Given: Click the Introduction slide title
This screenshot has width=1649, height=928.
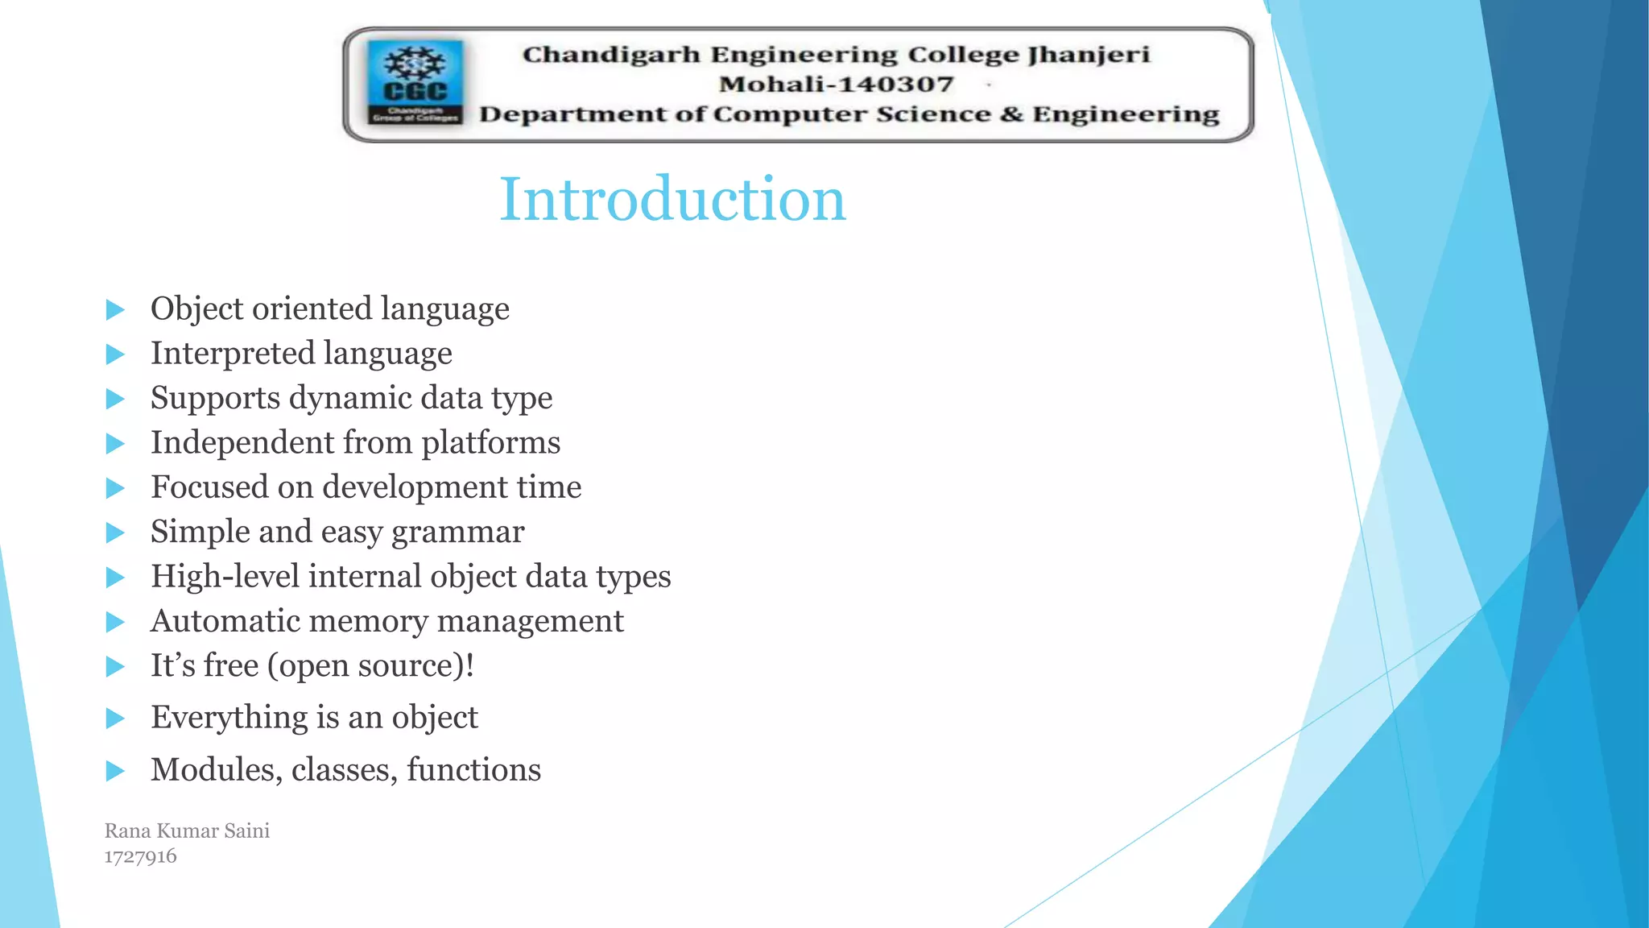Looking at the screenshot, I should coord(672,199).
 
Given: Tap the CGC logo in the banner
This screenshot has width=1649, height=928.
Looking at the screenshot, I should coord(415,81).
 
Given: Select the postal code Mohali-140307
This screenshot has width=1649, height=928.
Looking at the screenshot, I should coord(836,84).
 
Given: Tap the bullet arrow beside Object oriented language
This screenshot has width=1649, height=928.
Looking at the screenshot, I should coord(116,310).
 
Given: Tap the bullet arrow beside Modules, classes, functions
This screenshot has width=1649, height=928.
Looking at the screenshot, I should coord(116,771).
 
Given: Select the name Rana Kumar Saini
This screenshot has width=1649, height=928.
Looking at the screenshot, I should coord(187,831).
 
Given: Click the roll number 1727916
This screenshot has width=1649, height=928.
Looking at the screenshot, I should coord(140,856).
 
